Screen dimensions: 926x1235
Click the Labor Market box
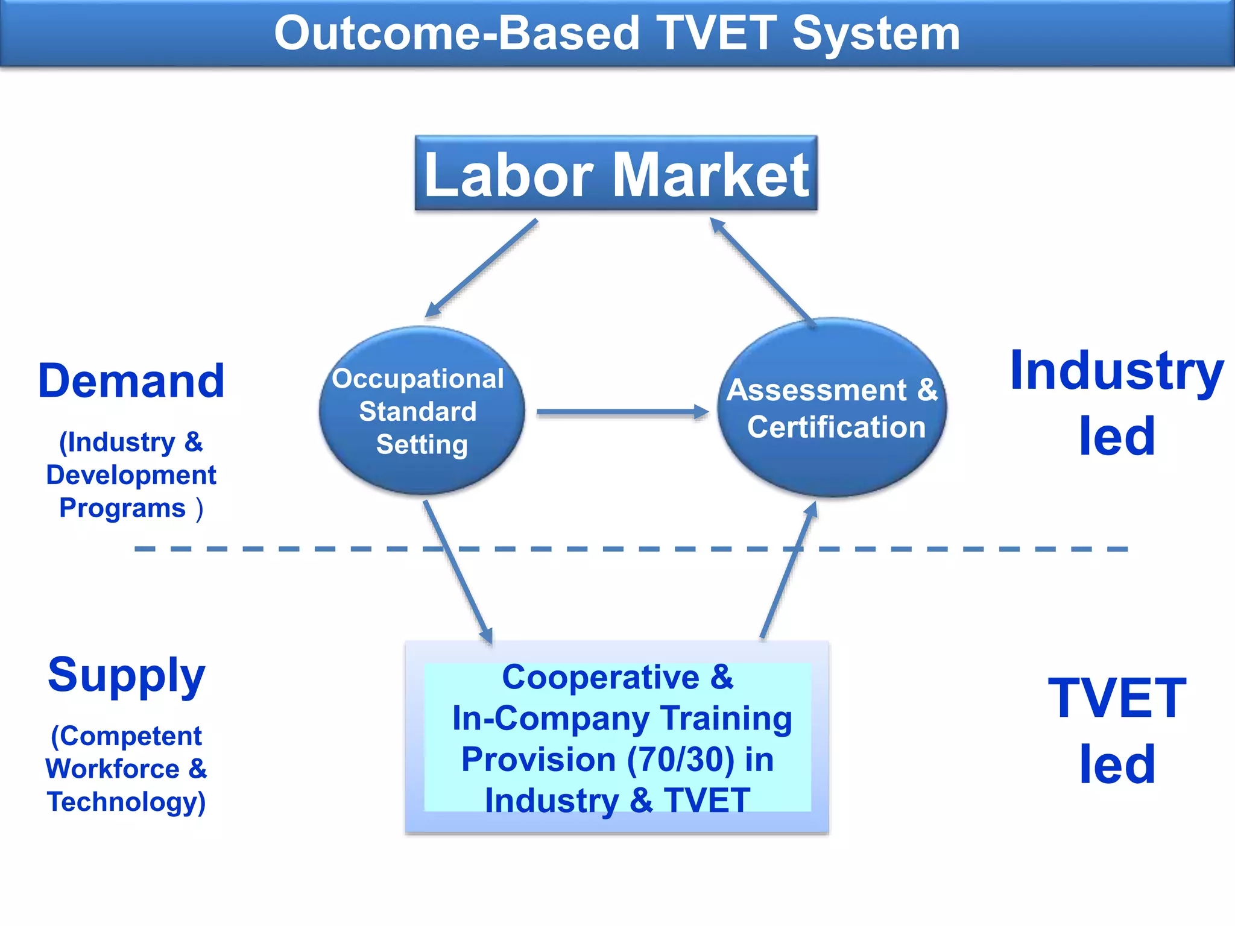(x=616, y=174)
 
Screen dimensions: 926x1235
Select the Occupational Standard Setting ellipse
(x=422, y=411)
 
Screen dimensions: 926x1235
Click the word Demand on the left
(x=131, y=381)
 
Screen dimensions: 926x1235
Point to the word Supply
(x=127, y=675)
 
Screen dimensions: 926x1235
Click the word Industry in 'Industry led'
(x=1116, y=371)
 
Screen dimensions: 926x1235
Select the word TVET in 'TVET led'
(x=1117, y=698)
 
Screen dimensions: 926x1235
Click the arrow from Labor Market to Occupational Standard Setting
(x=481, y=268)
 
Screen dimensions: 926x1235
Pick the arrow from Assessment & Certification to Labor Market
(x=762, y=271)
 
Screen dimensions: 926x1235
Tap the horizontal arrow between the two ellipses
(x=621, y=412)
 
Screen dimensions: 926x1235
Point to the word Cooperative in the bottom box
(x=600, y=678)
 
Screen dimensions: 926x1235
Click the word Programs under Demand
(x=122, y=508)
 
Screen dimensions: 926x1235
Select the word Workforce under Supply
(x=112, y=769)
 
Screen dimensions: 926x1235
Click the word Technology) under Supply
(x=127, y=802)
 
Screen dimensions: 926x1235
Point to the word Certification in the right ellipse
(x=836, y=427)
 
